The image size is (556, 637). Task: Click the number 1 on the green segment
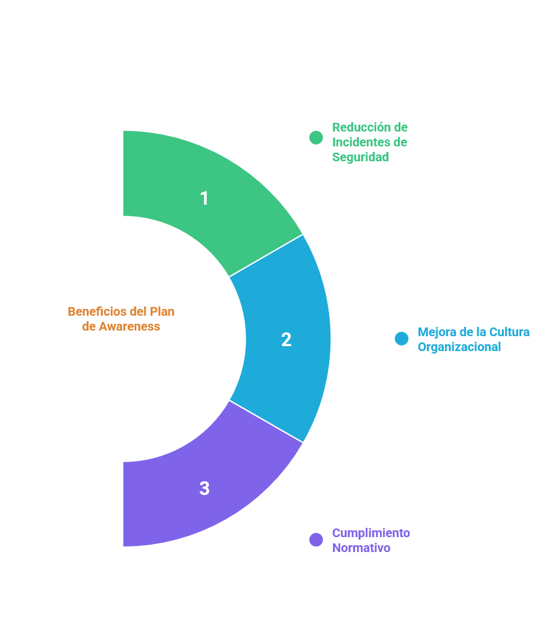tap(205, 198)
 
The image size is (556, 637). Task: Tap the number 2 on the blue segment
tap(286, 340)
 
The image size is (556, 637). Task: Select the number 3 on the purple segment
tap(205, 489)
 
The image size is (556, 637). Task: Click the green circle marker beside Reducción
tap(316, 138)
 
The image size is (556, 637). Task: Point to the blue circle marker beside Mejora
tap(402, 339)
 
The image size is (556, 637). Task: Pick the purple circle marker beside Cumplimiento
tap(316, 540)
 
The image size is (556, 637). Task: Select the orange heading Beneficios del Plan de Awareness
tap(121, 318)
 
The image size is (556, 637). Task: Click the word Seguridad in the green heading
tap(361, 157)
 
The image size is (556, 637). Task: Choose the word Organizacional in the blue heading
tap(459, 347)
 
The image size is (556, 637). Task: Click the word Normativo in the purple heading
tap(361, 548)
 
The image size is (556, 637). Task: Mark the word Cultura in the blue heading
tap(510, 332)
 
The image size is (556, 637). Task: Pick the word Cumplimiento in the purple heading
tap(371, 533)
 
